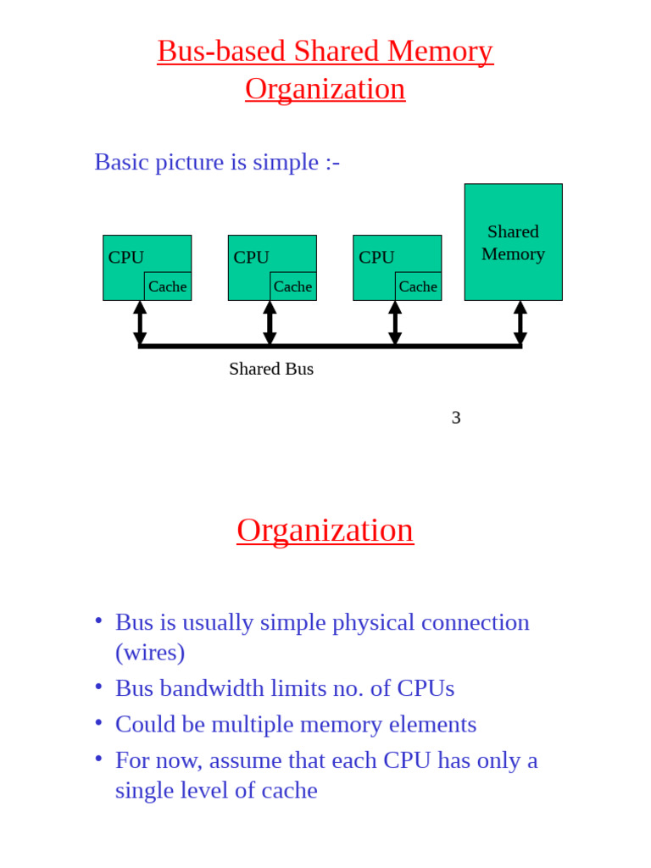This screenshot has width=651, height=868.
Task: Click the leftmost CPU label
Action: coord(125,257)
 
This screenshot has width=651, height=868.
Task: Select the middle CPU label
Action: coord(251,257)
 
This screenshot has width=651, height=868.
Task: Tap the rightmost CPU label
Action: coord(376,257)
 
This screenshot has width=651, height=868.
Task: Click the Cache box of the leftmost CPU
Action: coord(168,287)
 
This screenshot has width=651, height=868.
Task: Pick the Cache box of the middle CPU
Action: coord(293,287)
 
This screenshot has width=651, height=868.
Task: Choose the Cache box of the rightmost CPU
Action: coord(418,287)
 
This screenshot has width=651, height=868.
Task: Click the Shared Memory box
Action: coord(513,242)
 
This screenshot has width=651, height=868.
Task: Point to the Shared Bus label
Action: coord(271,369)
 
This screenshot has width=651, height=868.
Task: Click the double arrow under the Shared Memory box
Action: coord(520,323)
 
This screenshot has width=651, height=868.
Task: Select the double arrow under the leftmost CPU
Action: coord(140,323)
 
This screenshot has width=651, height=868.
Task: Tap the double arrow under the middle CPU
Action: coord(270,323)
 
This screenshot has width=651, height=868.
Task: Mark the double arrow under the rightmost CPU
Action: coord(395,323)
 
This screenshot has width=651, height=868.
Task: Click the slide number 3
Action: coord(456,417)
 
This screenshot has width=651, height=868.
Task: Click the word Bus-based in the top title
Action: coord(221,51)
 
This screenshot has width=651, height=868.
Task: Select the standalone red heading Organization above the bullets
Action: coord(325,530)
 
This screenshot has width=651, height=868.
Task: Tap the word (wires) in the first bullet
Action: coord(150,652)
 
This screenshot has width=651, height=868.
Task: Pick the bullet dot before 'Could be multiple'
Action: coord(99,721)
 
